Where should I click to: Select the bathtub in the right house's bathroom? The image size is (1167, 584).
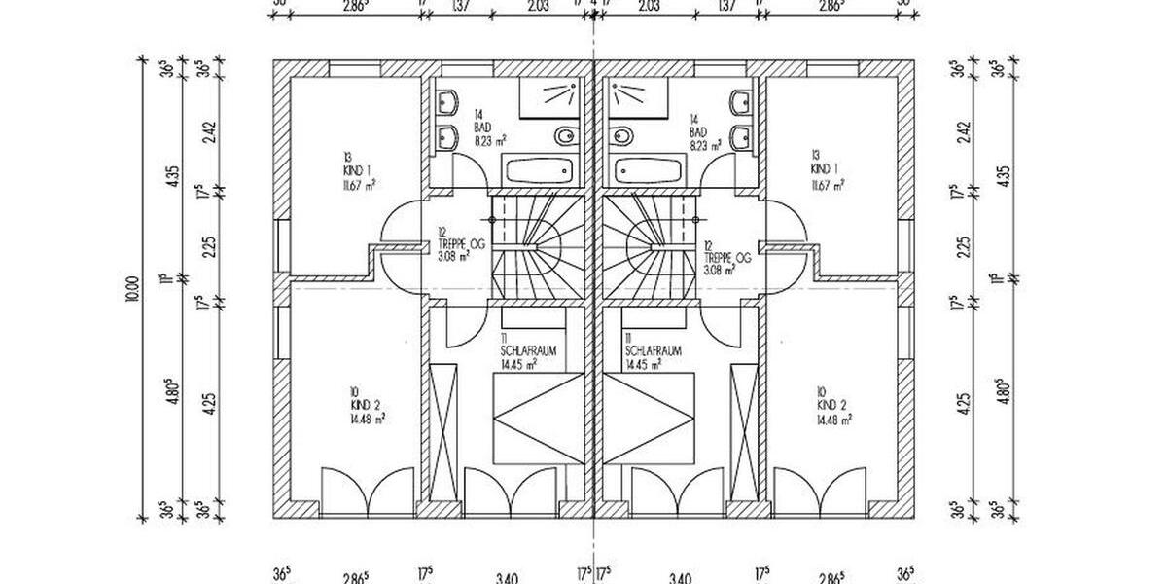click(647, 171)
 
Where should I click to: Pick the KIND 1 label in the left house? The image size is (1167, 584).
click(344, 168)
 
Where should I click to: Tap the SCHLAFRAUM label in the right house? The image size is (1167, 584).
click(653, 350)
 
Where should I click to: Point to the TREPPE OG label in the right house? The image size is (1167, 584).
click(728, 258)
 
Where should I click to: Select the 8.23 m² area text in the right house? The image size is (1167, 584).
click(703, 143)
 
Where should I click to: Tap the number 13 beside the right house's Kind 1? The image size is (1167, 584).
click(814, 155)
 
